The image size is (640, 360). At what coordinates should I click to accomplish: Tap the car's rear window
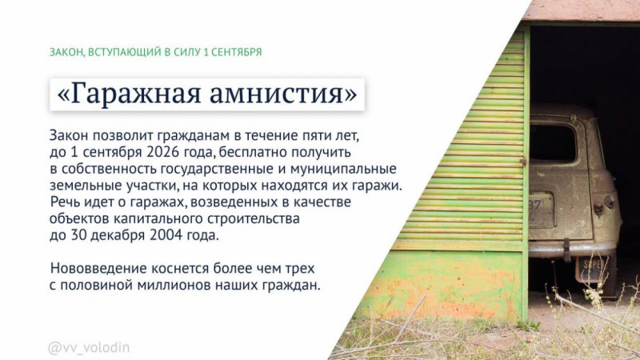click(x=551, y=142)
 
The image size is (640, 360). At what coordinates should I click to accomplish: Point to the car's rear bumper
click(x=571, y=249)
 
